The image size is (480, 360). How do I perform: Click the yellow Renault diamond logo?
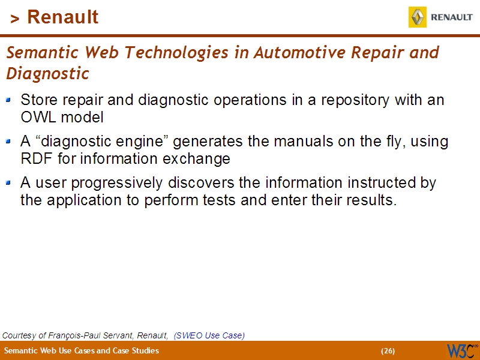pos(418,17)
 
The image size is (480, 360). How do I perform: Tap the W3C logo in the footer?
pos(461,350)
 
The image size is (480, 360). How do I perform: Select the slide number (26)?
pos(388,351)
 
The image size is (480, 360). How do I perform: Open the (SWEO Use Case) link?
pos(209,335)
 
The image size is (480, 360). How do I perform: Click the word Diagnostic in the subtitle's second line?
pos(47,74)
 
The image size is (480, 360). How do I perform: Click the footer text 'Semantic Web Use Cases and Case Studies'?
pos(82,351)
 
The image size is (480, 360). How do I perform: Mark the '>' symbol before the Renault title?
pos(15,19)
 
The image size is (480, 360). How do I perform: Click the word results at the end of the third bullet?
pos(371,200)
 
